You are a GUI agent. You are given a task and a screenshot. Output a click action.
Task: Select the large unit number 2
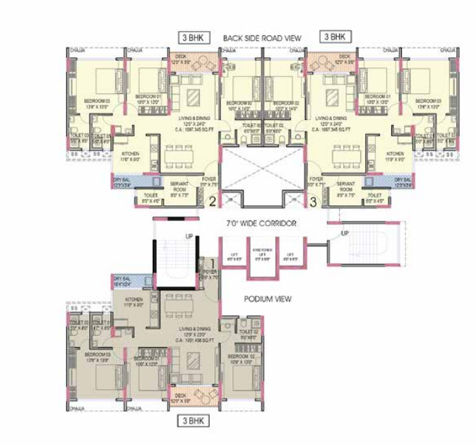click(212, 202)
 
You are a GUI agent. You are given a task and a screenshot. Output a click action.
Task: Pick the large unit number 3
click(314, 202)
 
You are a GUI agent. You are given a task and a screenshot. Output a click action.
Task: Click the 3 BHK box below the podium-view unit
click(194, 421)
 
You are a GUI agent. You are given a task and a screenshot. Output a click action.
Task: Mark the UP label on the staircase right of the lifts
click(345, 233)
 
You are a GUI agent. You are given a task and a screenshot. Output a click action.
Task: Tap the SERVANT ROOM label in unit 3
click(345, 186)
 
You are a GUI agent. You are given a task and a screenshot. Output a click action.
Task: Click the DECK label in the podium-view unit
click(185, 399)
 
